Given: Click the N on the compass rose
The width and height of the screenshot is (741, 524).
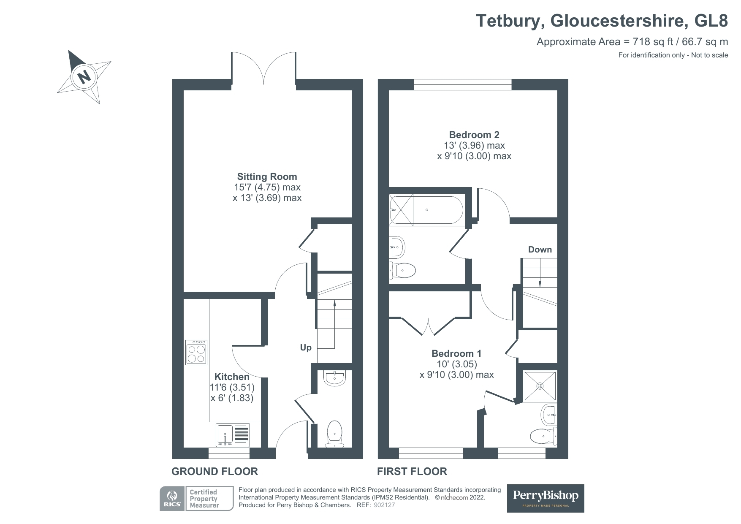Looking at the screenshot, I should (84, 77).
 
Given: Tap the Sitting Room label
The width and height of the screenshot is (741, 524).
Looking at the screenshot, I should (267, 177).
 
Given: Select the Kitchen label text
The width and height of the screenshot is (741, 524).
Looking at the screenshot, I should (232, 377).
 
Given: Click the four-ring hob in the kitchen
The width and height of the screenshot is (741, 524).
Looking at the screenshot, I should (196, 353).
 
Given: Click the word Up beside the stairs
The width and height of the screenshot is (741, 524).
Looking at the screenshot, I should (306, 348).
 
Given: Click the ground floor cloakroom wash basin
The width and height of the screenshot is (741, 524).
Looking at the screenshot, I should (335, 377).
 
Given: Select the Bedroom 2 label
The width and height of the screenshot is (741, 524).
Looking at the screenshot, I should (474, 135).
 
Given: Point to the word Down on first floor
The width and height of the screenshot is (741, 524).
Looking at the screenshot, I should (540, 250).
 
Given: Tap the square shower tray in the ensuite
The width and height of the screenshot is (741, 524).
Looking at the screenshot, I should (540, 386).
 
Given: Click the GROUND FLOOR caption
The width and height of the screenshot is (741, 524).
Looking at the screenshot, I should (214, 471).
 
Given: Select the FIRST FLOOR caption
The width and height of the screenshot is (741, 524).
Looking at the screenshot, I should (412, 471).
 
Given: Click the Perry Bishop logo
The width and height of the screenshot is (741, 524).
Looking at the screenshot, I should (546, 498).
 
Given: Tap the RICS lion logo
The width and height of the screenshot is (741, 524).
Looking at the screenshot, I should (172, 499).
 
